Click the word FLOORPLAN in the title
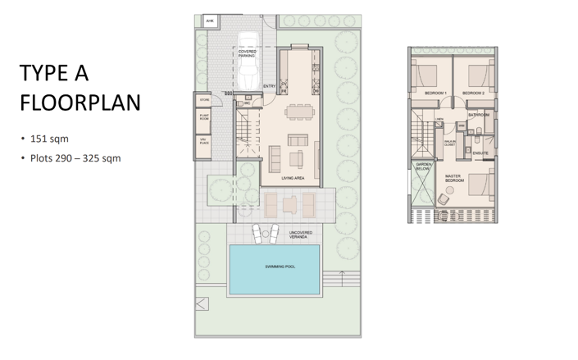[x=80, y=103]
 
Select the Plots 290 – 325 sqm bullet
[x=75, y=157]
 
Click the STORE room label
[x=204, y=101]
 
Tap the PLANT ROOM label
[x=204, y=118]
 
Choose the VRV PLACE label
[x=204, y=142]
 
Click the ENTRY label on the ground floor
[x=269, y=86]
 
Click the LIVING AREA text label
[x=293, y=178]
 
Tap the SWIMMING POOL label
[x=280, y=267]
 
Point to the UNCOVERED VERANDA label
[x=300, y=235]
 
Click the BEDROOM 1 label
[x=435, y=93]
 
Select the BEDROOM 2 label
[x=473, y=93]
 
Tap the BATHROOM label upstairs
[x=479, y=115]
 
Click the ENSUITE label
[x=480, y=153]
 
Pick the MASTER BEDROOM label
[x=454, y=178]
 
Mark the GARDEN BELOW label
[x=423, y=166]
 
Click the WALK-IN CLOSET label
[x=450, y=144]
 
